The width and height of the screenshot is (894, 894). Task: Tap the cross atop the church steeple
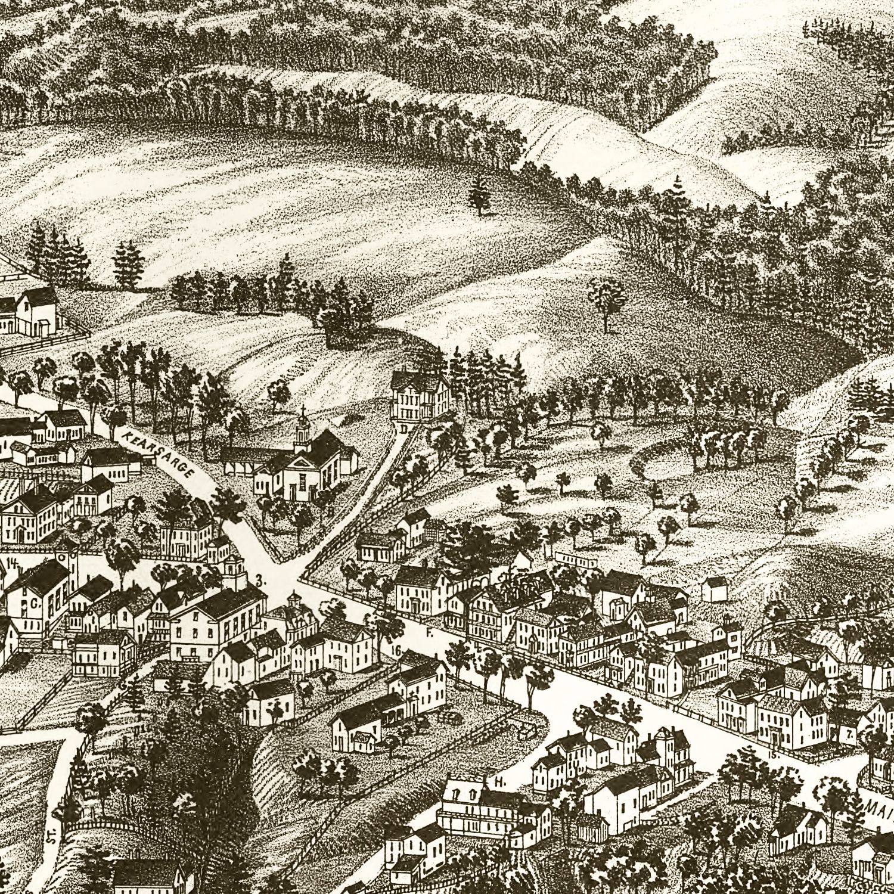click(x=303, y=410)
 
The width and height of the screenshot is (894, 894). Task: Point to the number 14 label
click(x=12, y=561)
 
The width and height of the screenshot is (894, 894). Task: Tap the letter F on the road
click(x=429, y=634)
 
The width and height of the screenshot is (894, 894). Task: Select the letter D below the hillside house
click(x=405, y=428)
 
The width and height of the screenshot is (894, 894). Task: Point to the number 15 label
click(x=773, y=755)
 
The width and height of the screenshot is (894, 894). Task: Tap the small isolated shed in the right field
click(x=715, y=589)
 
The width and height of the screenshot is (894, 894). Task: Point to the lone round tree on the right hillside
click(x=607, y=301)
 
